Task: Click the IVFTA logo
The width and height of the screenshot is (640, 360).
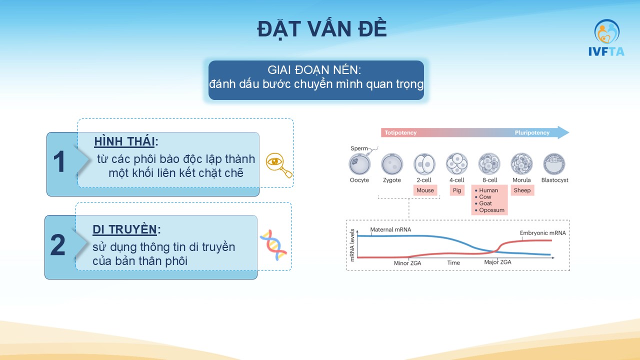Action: [x=606, y=37]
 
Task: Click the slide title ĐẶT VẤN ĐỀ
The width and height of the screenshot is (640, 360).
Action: [x=322, y=29]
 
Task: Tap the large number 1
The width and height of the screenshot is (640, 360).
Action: [x=59, y=161]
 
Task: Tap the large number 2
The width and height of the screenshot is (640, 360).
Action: [x=57, y=244]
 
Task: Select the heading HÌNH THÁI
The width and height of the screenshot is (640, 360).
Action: [x=124, y=141]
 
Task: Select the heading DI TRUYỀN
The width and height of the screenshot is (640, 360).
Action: [x=124, y=229]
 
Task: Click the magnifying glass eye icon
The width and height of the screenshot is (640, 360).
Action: [x=279, y=165]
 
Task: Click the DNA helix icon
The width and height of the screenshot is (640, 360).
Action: [x=273, y=245]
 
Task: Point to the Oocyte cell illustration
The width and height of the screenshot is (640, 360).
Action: [x=359, y=164]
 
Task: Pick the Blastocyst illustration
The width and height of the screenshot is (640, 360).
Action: [x=554, y=164]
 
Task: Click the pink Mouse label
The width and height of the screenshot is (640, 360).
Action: [x=425, y=190]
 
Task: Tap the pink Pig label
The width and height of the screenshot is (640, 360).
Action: [x=457, y=190]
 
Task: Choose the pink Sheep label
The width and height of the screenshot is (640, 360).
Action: [x=522, y=190]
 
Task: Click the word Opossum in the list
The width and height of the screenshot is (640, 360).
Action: [x=491, y=210]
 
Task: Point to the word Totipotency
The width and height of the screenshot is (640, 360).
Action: [x=400, y=132]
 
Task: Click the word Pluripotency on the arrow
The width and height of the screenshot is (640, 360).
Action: [x=532, y=132]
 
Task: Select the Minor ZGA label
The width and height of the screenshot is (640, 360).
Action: [x=407, y=263]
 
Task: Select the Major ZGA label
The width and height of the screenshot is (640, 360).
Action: [x=497, y=262]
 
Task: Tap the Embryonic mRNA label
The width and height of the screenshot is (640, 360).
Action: [x=542, y=233]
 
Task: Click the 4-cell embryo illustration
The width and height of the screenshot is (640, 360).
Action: [x=457, y=164]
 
